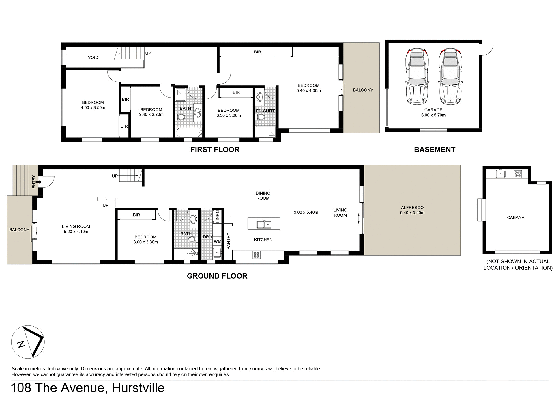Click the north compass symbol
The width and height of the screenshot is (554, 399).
coord(28,342)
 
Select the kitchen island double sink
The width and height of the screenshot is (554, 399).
coord(264,223)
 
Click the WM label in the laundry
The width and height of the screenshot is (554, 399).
coord(217,241)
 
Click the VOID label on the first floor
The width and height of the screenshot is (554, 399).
coord(93,57)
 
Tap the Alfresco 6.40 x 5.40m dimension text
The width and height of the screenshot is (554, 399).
coord(412,213)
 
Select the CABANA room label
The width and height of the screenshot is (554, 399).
coord(515,217)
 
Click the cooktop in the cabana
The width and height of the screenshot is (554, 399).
coord(518,174)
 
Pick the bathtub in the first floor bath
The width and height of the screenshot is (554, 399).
coord(189,133)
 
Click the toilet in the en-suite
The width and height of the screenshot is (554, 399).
coord(261,117)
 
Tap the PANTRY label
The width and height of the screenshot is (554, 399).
coord(228,241)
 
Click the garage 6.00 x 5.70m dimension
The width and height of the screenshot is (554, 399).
coord(433,115)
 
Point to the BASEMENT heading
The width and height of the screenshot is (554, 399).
coord(434,150)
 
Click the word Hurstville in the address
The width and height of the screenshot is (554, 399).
coord(138,388)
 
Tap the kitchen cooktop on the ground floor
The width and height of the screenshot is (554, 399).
coord(256,255)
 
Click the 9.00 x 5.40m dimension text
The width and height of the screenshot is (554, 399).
coord(306,212)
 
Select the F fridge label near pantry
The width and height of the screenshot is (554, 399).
coord(228,215)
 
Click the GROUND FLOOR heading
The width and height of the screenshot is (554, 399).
coord(217,276)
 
